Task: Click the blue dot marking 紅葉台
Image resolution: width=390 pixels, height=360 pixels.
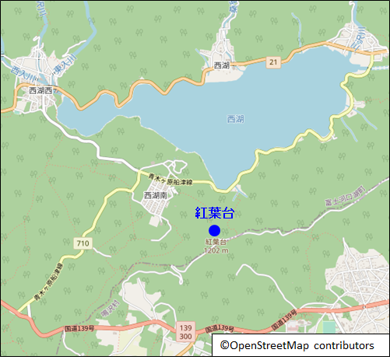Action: point(214,230)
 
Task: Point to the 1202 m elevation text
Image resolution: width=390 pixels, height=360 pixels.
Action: point(215,250)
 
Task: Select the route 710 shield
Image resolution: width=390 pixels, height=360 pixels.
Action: point(83,244)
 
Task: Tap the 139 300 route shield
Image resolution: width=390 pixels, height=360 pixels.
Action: point(184,331)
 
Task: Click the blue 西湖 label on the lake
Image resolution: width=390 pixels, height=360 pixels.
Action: point(234,119)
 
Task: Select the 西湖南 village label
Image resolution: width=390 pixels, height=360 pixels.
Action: point(156,196)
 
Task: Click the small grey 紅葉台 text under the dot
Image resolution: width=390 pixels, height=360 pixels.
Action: point(215,243)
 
